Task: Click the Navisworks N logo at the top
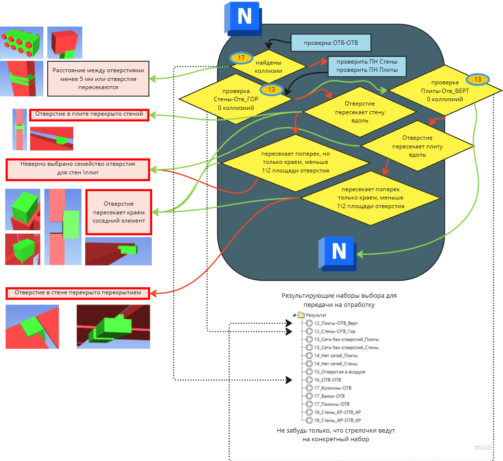[x=244, y=18]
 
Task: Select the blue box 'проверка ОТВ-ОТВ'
[x=331, y=43]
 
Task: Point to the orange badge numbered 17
[x=241, y=58]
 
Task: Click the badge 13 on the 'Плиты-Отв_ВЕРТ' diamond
[x=477, y=79]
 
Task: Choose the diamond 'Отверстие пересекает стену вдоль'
[x=360, y=112]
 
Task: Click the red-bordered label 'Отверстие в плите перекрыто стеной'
[x=89, y=115]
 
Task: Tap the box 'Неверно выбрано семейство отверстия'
[x=78, y=168]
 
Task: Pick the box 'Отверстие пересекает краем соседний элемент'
[x=119, y=212]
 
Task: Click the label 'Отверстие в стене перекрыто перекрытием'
[x=78, y=292]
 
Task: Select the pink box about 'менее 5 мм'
[x=98, y=78]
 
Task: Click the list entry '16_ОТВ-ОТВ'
[x=327, y=380]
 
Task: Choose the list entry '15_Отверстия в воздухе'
[x=339, y=371]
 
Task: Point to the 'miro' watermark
[x=482, y=447]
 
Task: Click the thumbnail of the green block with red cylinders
[x=21, y=42]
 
